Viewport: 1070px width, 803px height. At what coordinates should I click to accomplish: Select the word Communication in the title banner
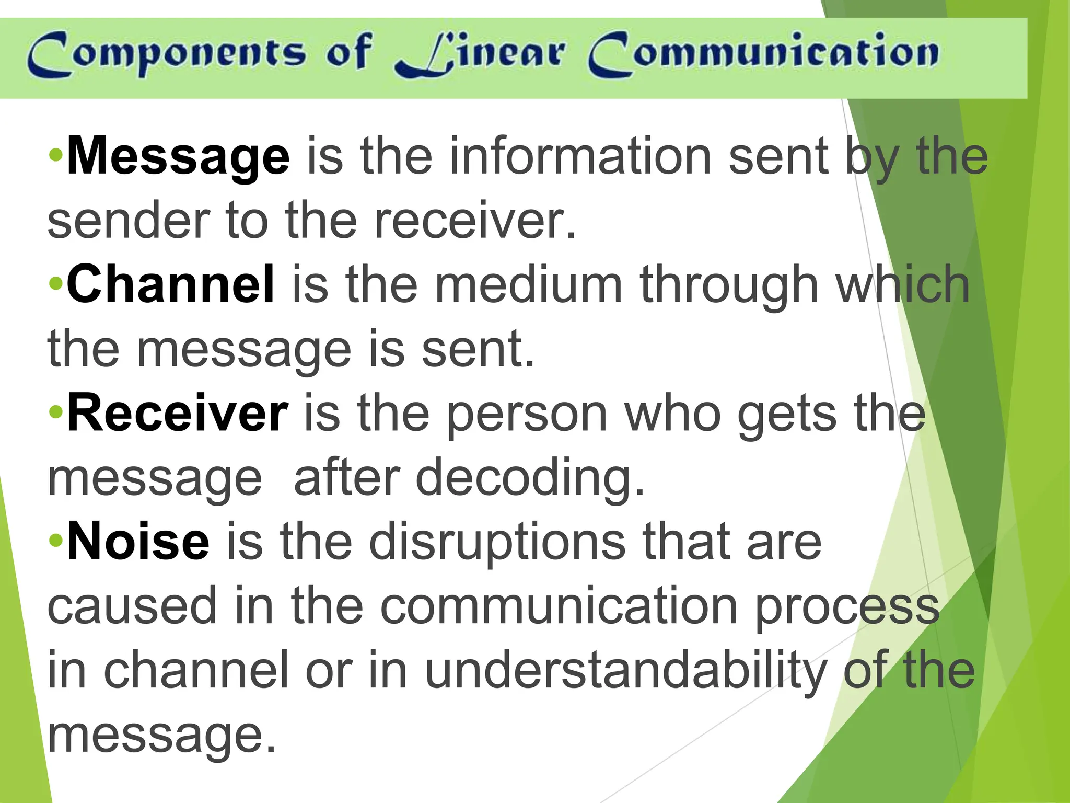coord(763,54)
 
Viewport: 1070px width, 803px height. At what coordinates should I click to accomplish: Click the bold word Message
coord(178,156)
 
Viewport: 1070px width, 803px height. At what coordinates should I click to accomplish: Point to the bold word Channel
coord(170,284)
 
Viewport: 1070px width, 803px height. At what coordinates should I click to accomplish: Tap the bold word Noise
coord(138,541)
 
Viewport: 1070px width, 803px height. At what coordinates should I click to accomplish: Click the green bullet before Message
coord(56,155)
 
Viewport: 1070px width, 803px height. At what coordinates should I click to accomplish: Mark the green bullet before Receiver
coord(56,412)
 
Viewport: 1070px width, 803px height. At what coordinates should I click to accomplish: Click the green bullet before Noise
coord(56,540)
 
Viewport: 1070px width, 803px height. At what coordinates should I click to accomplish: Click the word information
coord(580,156)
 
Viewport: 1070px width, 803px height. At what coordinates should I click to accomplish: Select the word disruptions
coord(497,542)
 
